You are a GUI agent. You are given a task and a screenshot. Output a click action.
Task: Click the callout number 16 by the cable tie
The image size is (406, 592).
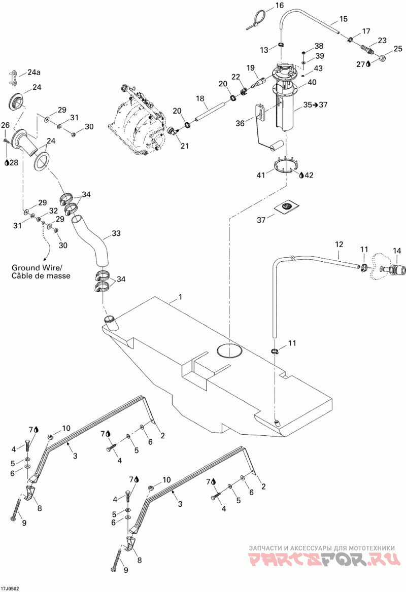[279, 5]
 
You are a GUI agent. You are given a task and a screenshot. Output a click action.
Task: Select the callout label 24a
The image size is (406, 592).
[33, 72]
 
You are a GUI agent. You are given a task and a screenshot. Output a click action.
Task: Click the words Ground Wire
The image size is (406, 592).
[37, 268]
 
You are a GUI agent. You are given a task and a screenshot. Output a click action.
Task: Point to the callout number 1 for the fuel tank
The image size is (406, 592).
[180, 297]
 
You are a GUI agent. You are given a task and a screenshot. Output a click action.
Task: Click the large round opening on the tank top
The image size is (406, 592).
[229, 351]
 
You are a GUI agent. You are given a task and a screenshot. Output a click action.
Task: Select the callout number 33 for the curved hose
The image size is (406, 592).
[116, 233]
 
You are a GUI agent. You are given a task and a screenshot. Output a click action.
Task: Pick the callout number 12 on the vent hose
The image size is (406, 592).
[339, 245]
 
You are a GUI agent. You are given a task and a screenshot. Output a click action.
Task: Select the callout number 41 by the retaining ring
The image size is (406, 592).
[261, 175]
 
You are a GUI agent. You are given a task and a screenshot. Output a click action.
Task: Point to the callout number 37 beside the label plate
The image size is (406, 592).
[261, 220]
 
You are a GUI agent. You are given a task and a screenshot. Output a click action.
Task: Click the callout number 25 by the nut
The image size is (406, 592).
[398, 48]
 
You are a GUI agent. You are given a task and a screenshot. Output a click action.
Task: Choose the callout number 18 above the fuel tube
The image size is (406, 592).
[200, 98]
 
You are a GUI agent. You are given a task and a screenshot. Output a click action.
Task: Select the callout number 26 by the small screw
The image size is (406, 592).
[5, 125]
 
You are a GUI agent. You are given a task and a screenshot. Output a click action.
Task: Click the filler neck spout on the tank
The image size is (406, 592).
[111, 322]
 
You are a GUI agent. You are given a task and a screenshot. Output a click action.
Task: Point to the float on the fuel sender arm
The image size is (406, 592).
[278, 146]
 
